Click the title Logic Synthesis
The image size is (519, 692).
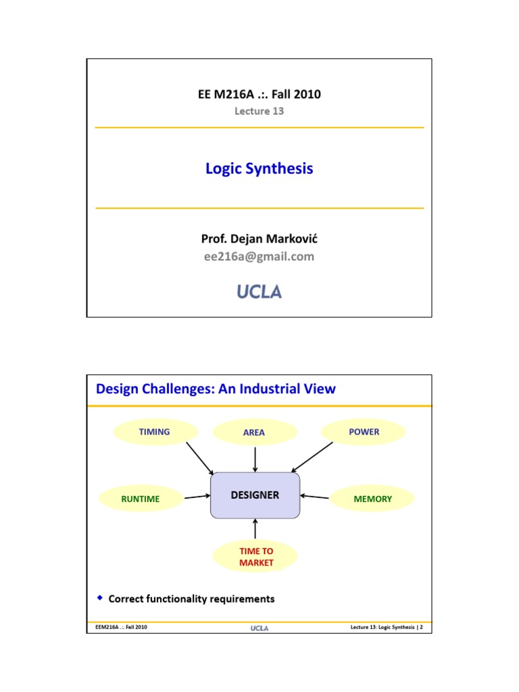pyautogui.click(x=259, y=168)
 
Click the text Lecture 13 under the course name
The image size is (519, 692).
pyautogui.click(x=259, y=112)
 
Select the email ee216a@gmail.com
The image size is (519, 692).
pyautogui.click(x=259, y=256)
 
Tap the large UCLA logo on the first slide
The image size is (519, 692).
pyautogui.click(x=259, y=292)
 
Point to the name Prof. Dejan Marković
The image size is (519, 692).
pyautogui.click(x=259, y=239)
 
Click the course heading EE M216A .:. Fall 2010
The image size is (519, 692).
pyautogui.click(x=259, y=94)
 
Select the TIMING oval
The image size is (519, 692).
pyautogui.click(x=155, y=432)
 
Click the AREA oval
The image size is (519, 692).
pyautogui.click(x=254, y=432)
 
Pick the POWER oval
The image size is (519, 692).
pyautogui.click(x=364, y=432)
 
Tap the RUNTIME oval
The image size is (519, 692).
pyautogui.click(x=141, y=499)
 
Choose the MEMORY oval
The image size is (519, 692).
pyautogui.click(x=372, y=499)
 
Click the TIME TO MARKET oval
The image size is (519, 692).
pyautogui.click(x=256, y=556)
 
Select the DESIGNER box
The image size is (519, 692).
pyautogui.click(x=255, y=495)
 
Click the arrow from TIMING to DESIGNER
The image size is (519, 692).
pyautogui.click(x=199, y=458)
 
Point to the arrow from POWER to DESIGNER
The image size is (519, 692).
pyautogui.click(x=313, y=458)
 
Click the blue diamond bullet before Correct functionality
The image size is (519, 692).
pyautogui.click(x=100, y=598)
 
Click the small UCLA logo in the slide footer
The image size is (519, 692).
pyautogui.click(x=259, y=628)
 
